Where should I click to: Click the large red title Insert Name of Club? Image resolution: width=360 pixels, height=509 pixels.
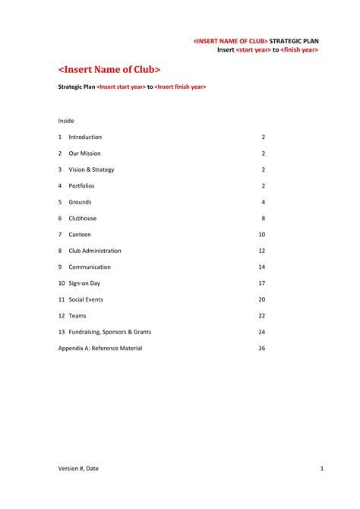point(109,70)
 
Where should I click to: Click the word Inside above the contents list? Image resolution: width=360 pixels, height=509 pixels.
point(66,121)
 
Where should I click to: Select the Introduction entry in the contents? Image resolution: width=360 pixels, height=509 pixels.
point(85,137)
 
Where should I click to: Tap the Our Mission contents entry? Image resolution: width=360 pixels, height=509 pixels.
point(84,153)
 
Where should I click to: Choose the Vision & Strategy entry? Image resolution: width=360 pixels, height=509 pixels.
point(92,169)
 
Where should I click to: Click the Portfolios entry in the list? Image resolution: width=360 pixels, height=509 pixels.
point(81,185)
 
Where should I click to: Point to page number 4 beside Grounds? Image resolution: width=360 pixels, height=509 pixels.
point(263,202)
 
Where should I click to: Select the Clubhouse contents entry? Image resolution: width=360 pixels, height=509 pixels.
point(83,218)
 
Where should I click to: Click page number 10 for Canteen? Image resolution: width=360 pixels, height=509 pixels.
point(261,235)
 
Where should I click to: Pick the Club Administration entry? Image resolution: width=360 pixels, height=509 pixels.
point(95,251)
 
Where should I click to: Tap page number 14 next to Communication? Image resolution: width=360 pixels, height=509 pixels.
point(261,267)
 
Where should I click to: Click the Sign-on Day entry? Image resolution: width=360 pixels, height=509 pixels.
point(84,283)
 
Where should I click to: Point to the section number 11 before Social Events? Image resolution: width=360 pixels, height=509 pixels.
point(62,299)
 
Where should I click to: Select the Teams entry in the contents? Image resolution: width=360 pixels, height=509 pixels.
point(77,316)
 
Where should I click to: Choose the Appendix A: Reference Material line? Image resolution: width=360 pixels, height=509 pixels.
point(100,348)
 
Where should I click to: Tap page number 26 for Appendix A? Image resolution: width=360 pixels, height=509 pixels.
point(261,348)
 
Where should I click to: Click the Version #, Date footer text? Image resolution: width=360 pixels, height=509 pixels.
point(79,469)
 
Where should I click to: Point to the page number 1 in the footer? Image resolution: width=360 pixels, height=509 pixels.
point(322,469)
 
